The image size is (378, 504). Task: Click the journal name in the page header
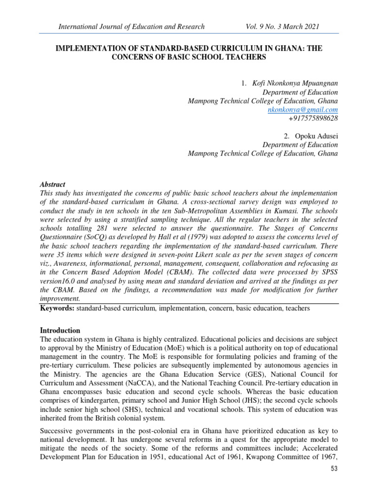[x=131, y=26]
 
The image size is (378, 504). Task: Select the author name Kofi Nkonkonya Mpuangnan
[x=295, y=83]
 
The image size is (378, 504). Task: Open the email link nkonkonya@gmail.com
[x=303, y=109]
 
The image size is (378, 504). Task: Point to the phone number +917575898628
[x=313, y=118]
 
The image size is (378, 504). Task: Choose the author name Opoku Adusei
[x=316, y=136]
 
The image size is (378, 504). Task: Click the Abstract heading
[x=52, y=185]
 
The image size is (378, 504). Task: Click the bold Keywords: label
[x=57, y=308]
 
